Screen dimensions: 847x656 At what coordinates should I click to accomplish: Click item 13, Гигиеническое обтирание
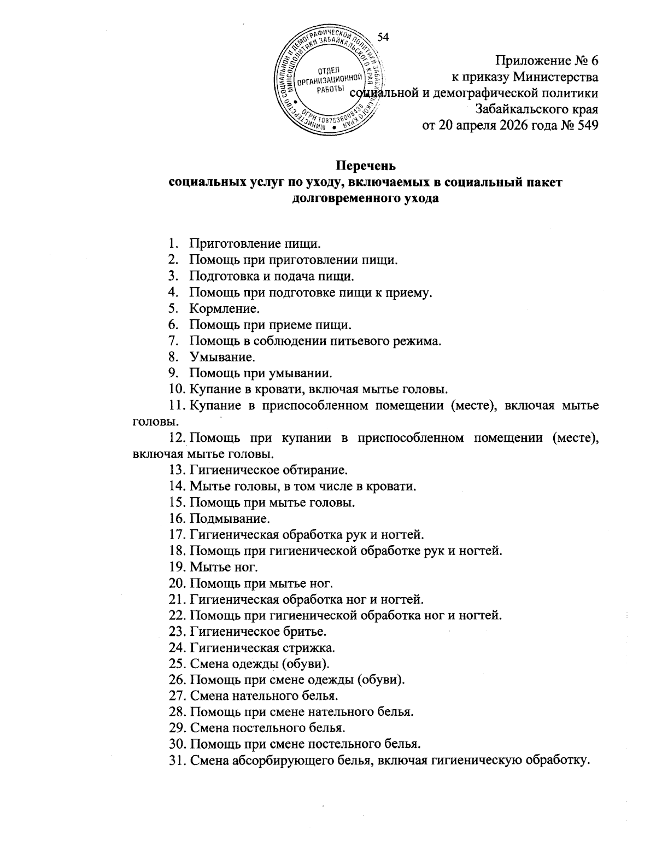coord(268,470)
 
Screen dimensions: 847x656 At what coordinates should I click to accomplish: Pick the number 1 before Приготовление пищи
coord(172,244)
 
